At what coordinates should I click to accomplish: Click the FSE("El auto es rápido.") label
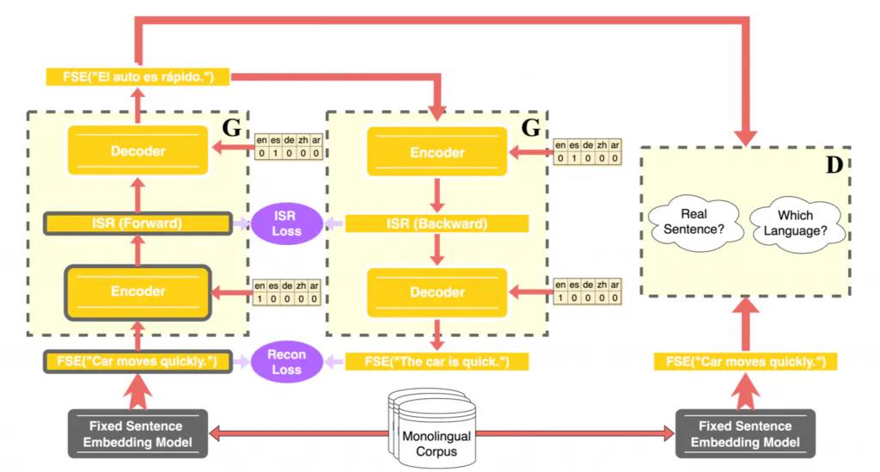[x=137, y=78]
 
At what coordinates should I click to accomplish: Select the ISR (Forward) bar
[x=137, y=225]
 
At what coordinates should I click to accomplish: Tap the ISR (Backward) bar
[x=437, y=224]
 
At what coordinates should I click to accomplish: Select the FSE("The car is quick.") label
[x=437, y=362]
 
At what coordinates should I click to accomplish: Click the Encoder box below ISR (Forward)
[x=137, y=291]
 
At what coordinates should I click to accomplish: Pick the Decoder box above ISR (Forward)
[x=137, y=151]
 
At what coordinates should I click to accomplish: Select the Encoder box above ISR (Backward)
[x=437, y=153]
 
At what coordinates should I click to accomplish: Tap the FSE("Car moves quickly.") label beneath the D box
[x=745, y=362]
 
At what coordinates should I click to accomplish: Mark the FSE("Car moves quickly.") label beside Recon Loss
[x=137, y=362]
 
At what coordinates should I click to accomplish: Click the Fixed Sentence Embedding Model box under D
[x=745, y=434]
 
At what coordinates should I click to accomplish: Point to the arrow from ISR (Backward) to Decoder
[x=437, y=249]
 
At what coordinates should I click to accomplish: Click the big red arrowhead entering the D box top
[x=744, y=133]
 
